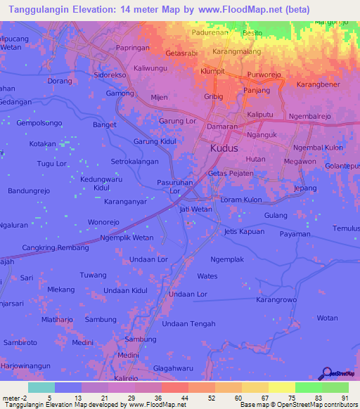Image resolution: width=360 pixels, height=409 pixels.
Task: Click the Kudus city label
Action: (x=224, y=149)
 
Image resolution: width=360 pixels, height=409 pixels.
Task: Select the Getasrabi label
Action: (x=181, y=53)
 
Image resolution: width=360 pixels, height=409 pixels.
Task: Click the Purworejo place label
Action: (x=264, y=75)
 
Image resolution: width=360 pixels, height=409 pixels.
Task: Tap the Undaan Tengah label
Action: (x=188, y=323)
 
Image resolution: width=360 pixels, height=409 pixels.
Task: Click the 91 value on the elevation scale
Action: (x=344, y=396)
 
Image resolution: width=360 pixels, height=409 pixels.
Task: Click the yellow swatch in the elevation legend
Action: (x=281, y=387)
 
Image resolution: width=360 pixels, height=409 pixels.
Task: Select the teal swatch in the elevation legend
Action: (x=41, y=387)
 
